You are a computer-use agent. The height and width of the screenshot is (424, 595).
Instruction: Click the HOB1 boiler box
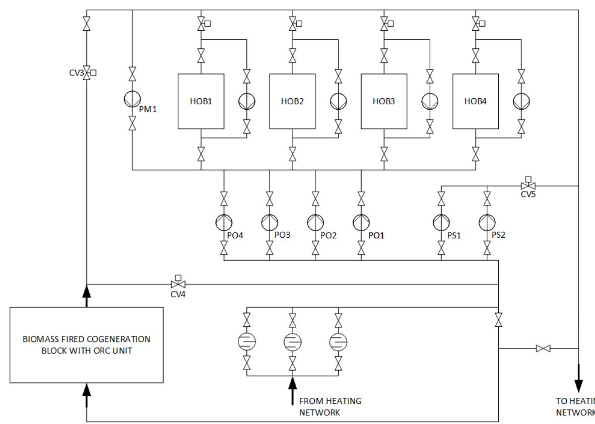point(201,101)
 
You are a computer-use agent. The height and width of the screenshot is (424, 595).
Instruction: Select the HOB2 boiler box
point(292,101)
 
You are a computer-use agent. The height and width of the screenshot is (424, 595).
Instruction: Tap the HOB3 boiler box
point(384,101)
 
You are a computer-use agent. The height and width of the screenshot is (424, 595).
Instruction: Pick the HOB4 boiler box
point(476,101)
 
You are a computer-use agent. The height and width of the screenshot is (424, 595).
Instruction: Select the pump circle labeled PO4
point(224,222)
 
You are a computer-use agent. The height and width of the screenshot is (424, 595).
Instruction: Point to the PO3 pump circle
point(270,222)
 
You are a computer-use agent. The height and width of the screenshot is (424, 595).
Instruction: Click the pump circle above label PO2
point(315,222)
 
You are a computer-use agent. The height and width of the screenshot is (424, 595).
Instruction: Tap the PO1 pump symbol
point(361,222)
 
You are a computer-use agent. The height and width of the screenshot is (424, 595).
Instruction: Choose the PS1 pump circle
point(441,222)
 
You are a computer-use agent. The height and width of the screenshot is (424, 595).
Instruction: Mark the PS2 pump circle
point(487,222)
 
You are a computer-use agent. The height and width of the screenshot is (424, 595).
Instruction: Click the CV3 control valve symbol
point(87,73)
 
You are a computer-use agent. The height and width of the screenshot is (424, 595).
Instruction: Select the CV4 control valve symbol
point(178,285)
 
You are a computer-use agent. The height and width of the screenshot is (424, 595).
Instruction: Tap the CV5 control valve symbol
point(527,185)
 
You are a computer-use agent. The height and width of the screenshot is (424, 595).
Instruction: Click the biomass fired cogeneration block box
point(87,344)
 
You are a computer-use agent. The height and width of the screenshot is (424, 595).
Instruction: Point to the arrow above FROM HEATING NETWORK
point(292,390)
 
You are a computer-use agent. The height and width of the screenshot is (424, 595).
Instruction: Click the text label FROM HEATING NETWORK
point(330,406)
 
